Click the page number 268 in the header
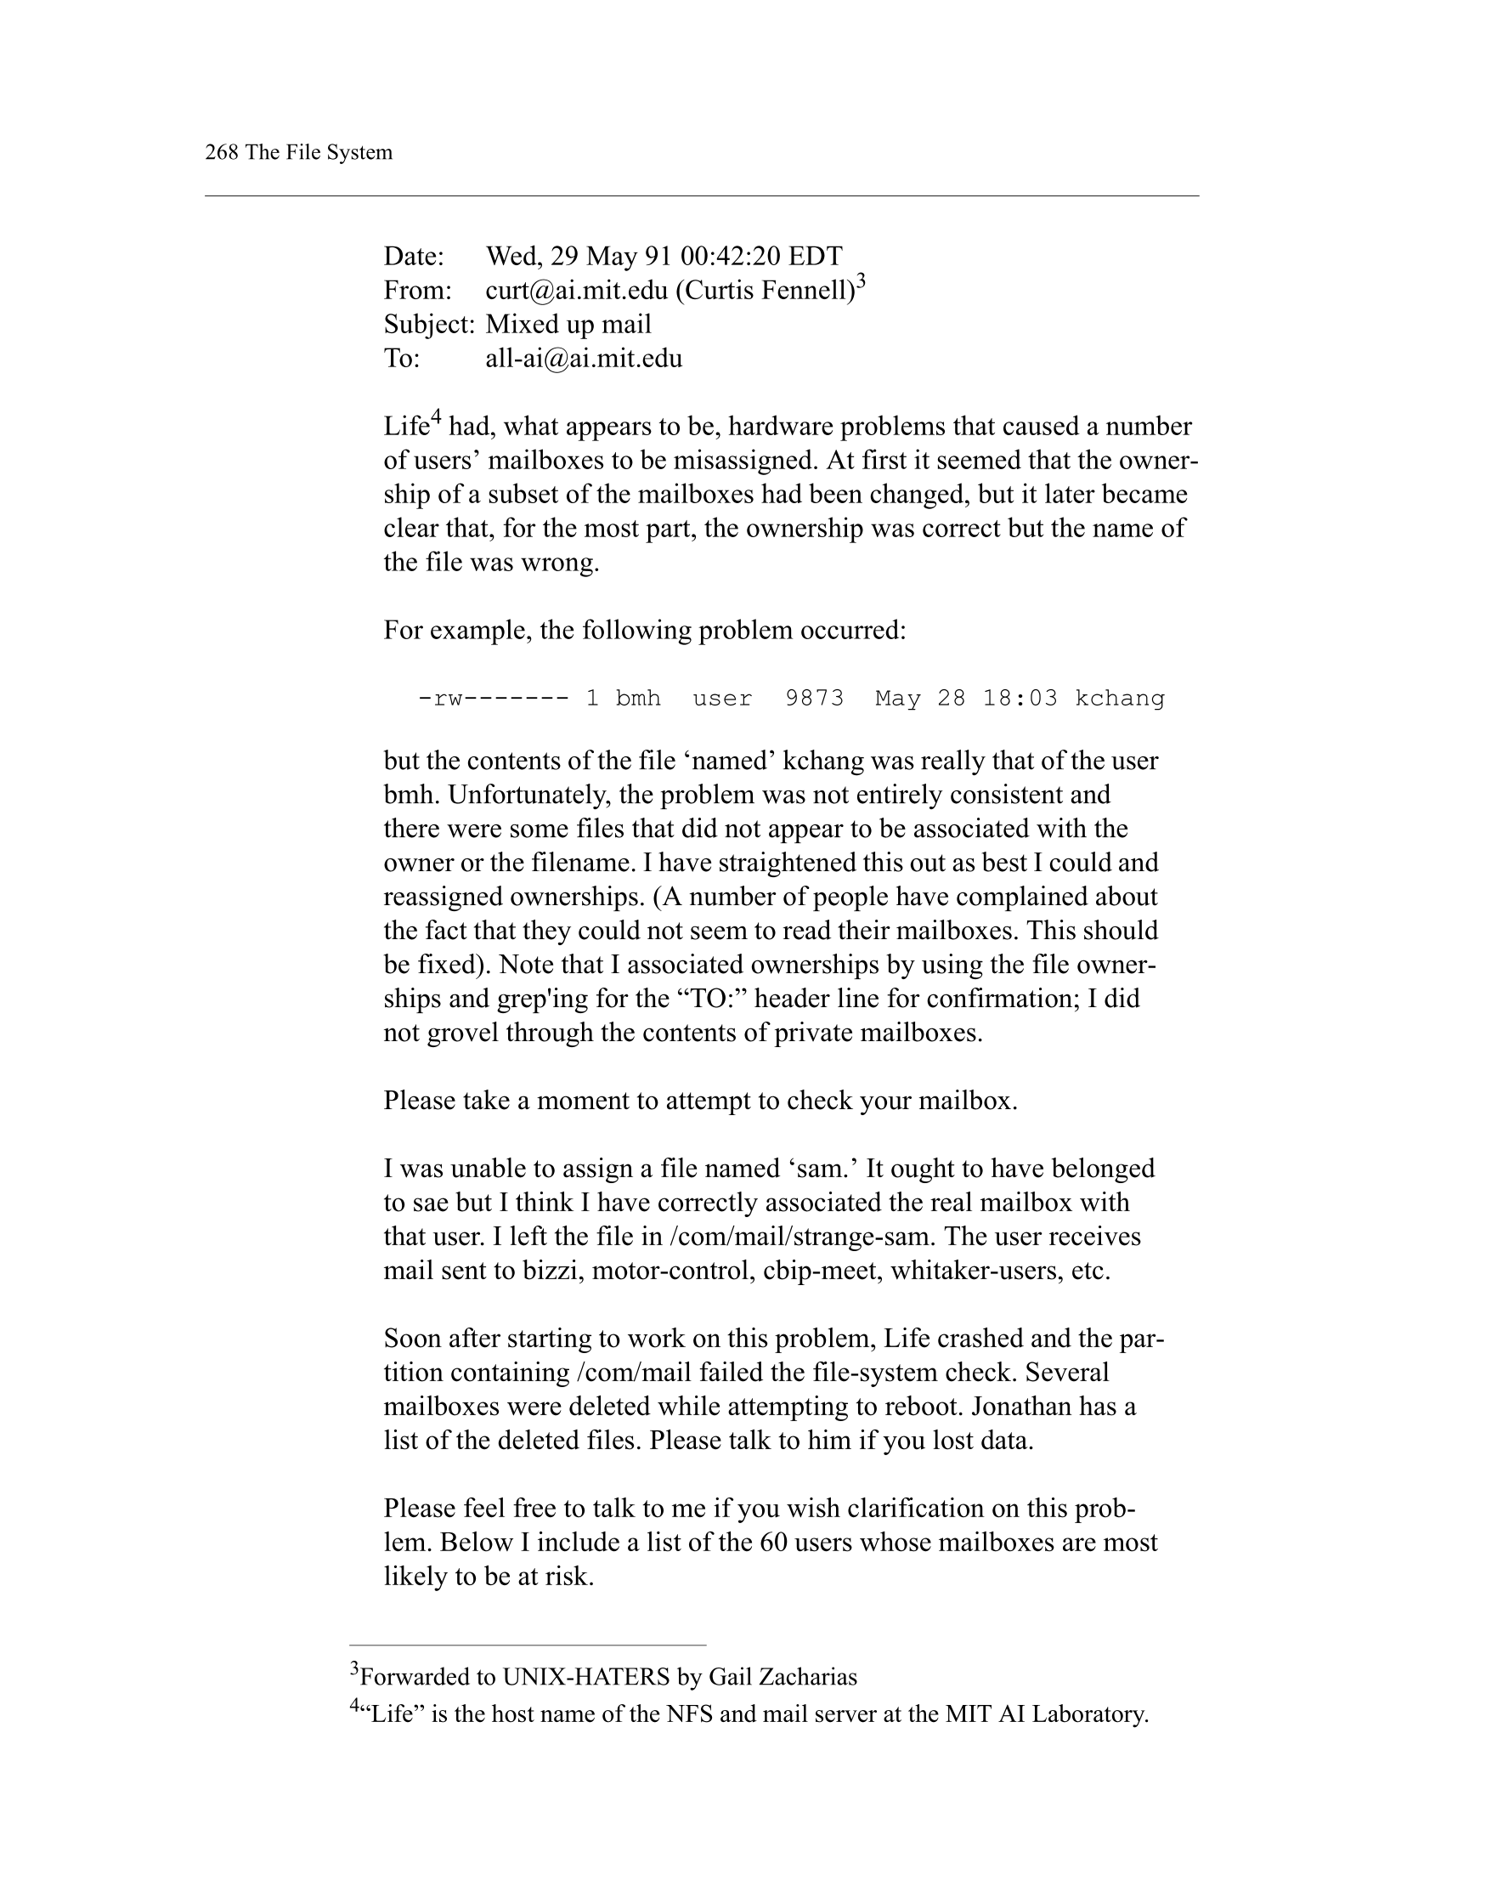(221, 152)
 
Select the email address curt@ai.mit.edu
(576, 291)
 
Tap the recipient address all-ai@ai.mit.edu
(583, 359)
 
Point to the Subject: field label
(428, 325)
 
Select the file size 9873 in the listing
(814, 698)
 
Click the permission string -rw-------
(493, 698)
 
